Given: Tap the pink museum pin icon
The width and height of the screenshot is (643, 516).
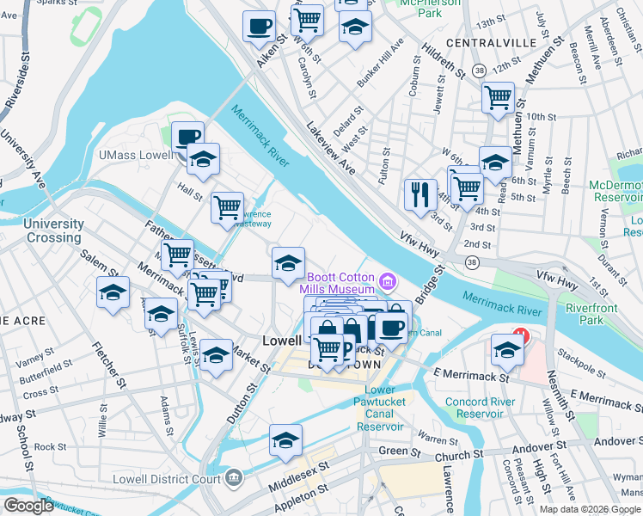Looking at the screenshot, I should (388, 281).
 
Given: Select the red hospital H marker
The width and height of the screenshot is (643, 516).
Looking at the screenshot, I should (518, 334).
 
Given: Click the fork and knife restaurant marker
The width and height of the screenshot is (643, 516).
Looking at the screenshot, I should (420, 193).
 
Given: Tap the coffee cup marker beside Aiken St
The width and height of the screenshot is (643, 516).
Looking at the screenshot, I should (259, 27).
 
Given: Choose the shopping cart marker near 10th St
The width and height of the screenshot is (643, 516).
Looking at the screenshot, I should (498, 98).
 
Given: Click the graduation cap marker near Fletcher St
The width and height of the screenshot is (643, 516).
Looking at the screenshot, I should (113, 293).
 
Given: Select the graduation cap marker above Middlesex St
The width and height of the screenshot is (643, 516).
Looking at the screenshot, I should (285, 441).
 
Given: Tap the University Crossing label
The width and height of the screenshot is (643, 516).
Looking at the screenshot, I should (54, 230).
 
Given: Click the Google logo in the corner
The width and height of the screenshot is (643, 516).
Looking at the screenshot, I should (29, 506).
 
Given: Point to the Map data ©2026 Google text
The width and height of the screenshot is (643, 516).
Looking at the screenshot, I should (590, 509).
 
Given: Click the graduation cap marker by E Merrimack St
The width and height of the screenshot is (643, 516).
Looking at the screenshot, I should (507, 350).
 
